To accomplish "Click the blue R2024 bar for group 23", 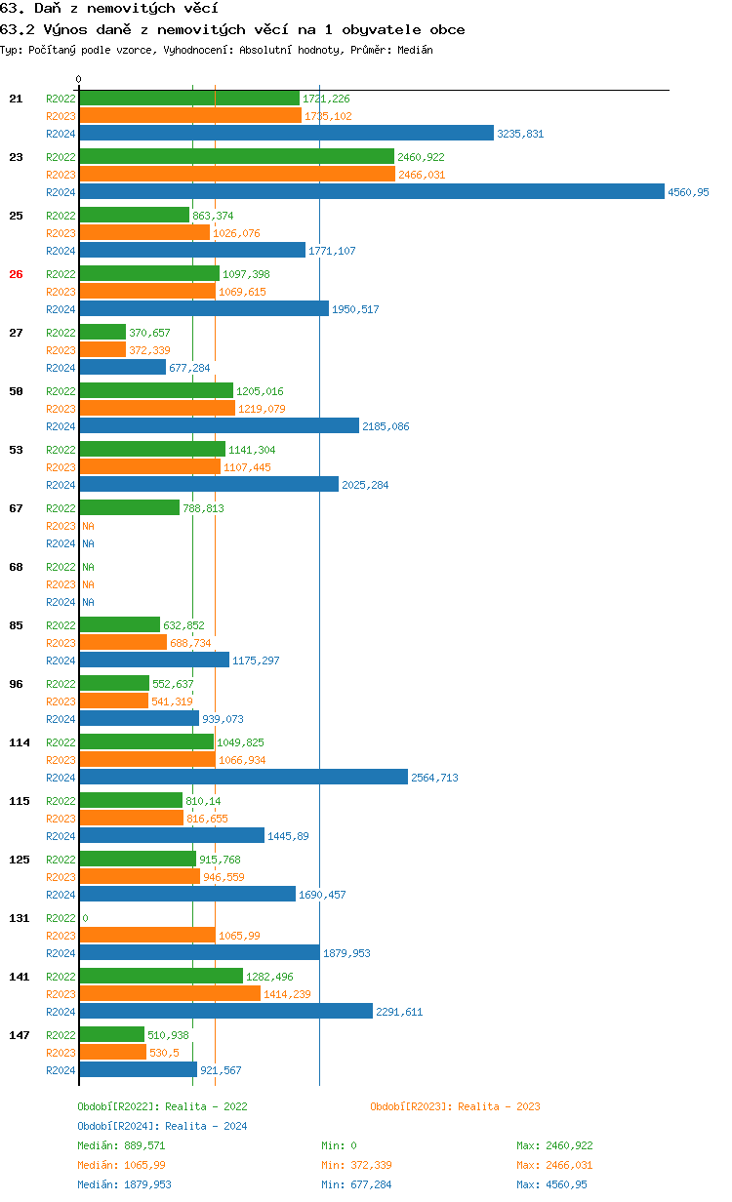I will pyautogui.click(x=371, y=192).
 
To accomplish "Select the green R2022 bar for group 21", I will pyautogui.click(x=189, y=99).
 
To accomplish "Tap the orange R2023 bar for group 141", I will pyautogui.click(x=170, y=993).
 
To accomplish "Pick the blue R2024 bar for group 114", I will pyautogui.click(x=243, y=778).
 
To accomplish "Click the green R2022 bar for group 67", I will pyautogui.click(x=129, y=508).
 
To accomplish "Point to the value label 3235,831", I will pyautogui.click(x=520, y=134).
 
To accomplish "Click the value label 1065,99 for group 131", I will pyautogui.click(x=239, y=936).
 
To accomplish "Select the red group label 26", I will pyautogui.click(x=16, y=274).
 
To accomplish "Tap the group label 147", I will pyautogui.click(x=20, y=1035).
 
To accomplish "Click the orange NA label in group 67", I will pyautogui.click(x=88, y=526).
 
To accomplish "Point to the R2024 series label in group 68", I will pyautogui.click(x=61, y=602).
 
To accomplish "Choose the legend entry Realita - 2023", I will pyautogui.click(x=455, y=1106).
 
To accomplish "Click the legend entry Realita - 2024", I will pyautogui.click(x=162, y=1126).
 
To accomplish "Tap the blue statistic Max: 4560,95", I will pyautogui.click(x=551, y=1184).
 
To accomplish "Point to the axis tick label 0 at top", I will pyautogui.click(x=79, y=79).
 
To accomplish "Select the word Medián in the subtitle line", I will pyautogui.click(x=416, y=50).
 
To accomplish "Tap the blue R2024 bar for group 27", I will pyautogui.click(x=122, y=368).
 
